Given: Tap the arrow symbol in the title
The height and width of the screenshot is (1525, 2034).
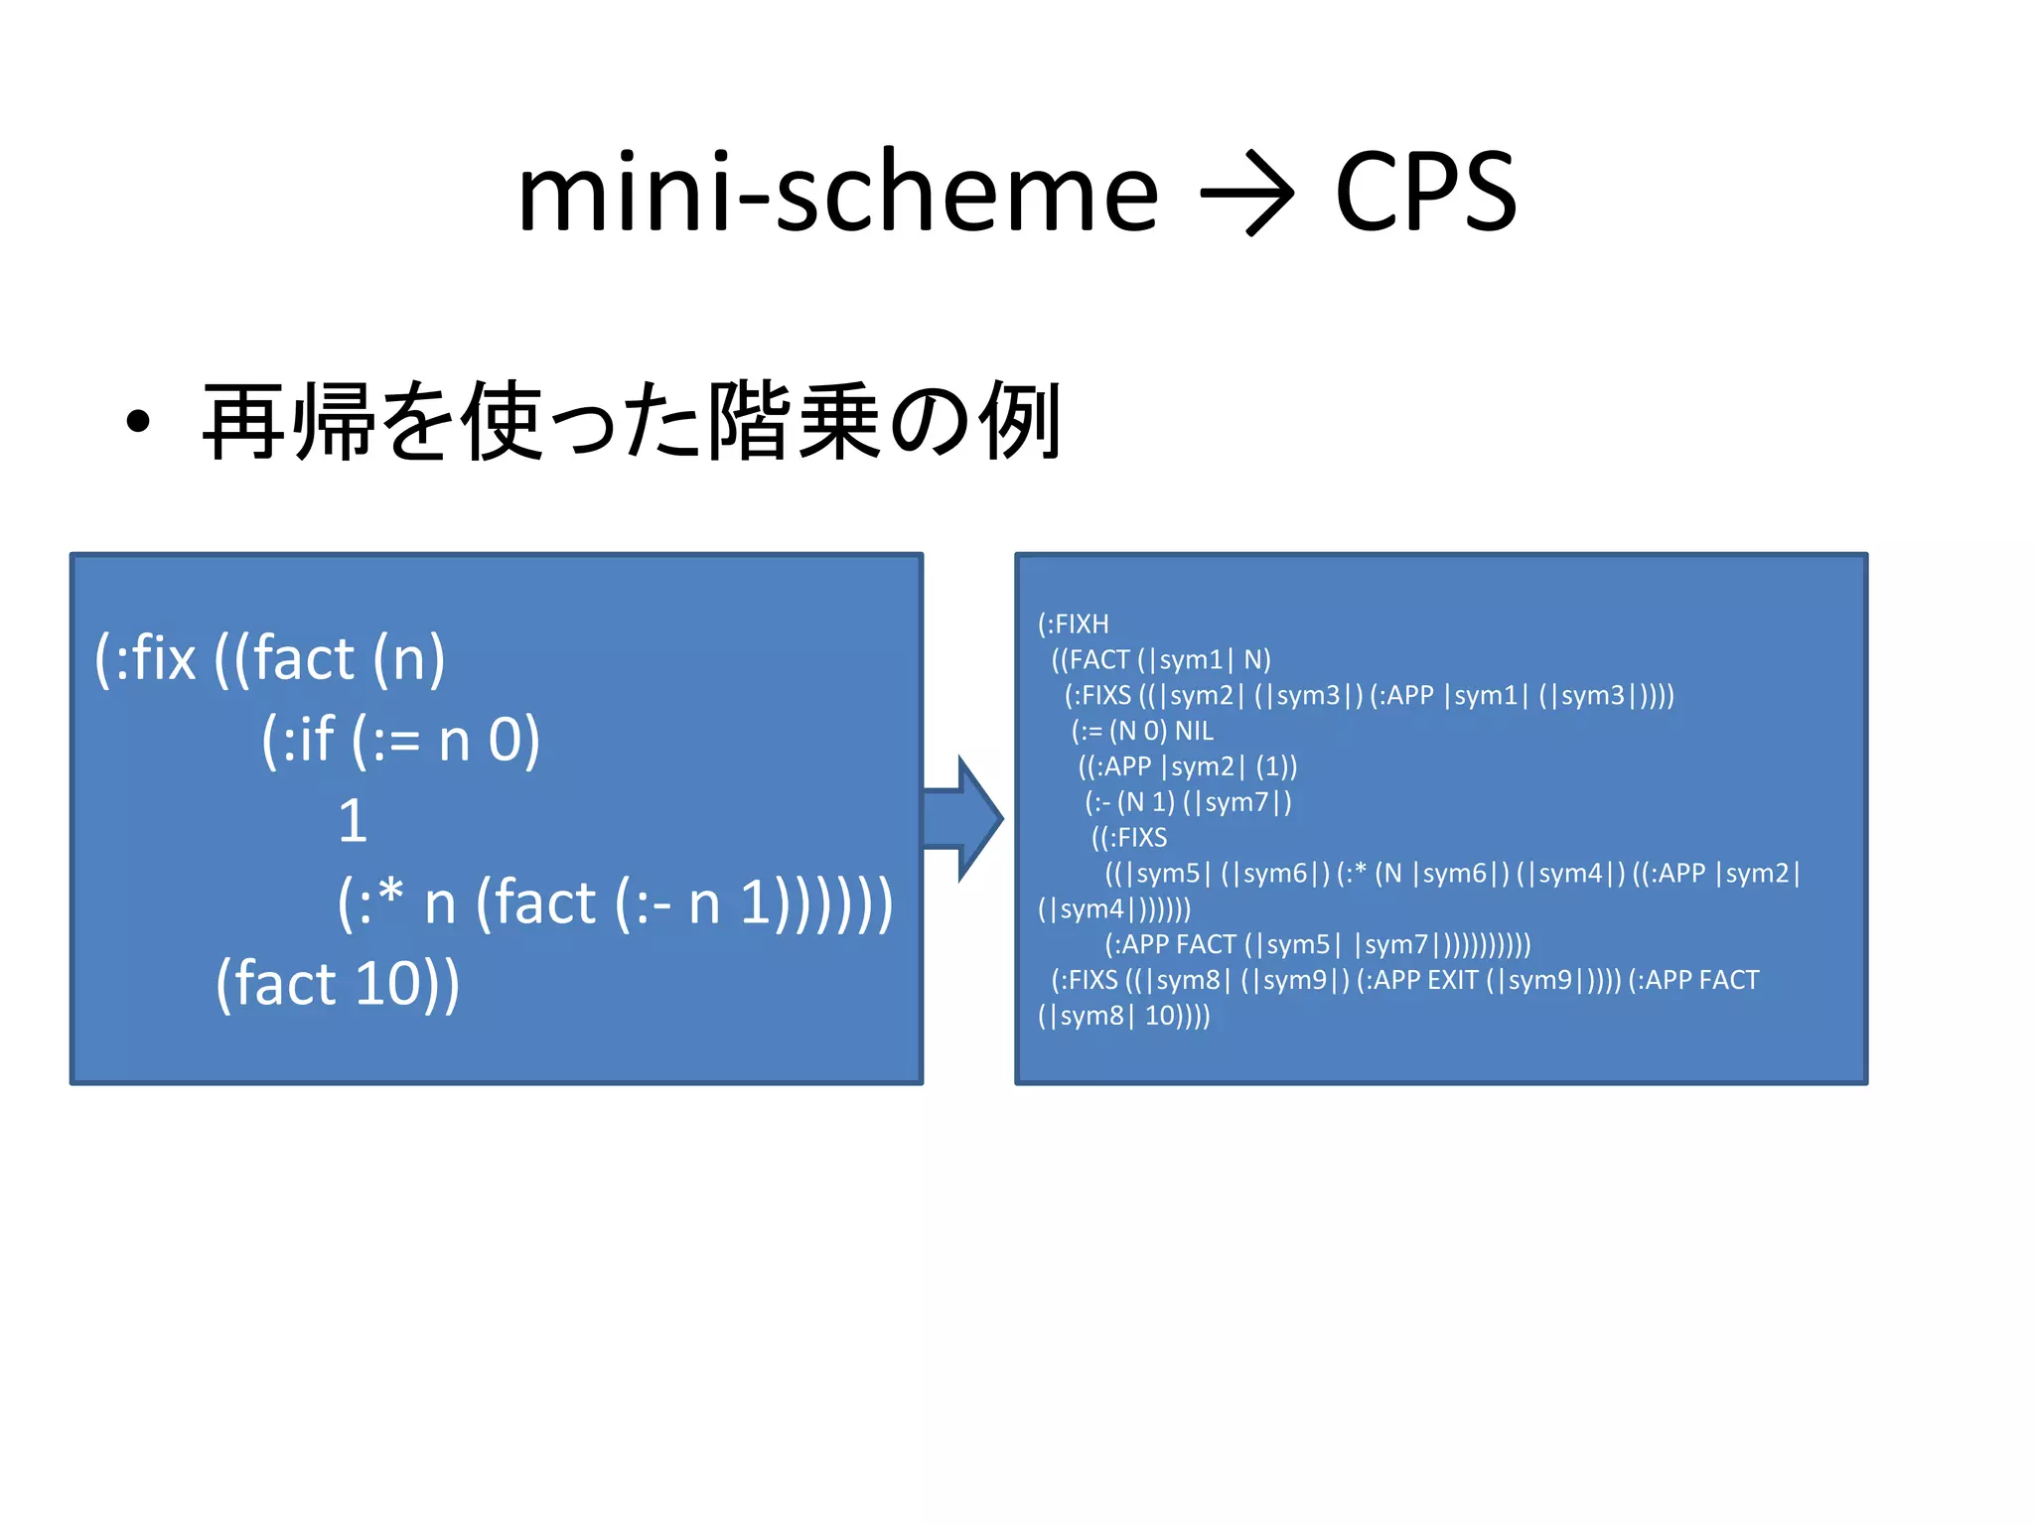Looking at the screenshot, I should coord(1246,193).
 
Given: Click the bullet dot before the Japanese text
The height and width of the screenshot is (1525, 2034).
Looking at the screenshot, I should coord(138,422).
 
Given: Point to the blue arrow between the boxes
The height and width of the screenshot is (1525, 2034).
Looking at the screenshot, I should coord(961,818).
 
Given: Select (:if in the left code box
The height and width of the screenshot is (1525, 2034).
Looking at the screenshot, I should coord(298,740).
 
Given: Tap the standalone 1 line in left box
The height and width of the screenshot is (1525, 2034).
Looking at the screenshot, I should coord(353,821).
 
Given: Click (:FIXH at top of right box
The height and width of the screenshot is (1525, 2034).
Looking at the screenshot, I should coord(1073,624).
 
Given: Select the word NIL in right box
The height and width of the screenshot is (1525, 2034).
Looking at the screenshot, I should coord(1194,732).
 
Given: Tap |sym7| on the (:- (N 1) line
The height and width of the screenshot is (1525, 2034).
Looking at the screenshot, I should coord(1237,802).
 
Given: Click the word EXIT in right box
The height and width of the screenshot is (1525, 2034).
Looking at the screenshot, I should coord(1452,981).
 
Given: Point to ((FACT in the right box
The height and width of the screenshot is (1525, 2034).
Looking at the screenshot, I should coord(1090,660).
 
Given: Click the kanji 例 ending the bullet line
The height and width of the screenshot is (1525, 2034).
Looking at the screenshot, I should coord(1021,422).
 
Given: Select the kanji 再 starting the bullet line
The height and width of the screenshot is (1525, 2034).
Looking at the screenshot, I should coord(244,422).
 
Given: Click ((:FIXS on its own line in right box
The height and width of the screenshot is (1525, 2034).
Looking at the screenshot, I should coord(1129,838).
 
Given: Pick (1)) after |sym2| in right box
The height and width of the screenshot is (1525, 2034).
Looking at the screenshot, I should coord(1276,766).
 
